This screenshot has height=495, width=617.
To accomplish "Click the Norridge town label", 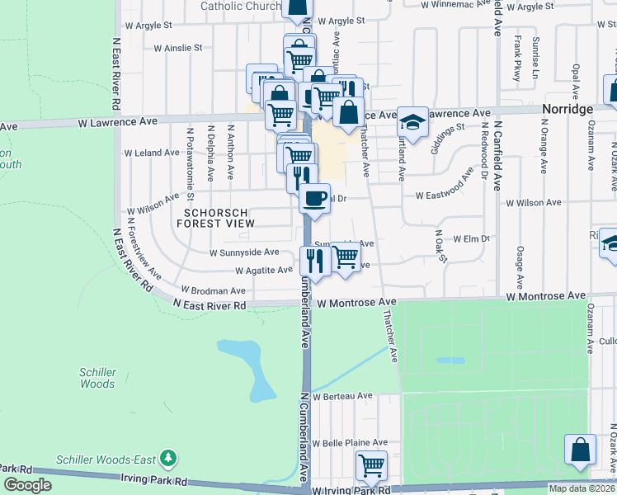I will click(568, 109).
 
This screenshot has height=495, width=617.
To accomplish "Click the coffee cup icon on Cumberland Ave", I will click(314, 199).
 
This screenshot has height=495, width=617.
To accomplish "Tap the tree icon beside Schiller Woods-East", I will click(168, 457).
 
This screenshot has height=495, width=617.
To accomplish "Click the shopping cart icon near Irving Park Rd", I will click(371, 465).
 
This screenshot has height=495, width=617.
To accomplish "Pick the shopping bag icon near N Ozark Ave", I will click(581, 450).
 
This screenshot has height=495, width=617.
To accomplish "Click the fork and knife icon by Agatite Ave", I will click(315, 260).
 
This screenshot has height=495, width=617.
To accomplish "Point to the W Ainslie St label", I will click(178, 48).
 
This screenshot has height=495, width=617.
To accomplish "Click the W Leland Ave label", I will click(152, 153).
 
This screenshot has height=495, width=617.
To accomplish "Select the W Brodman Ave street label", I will click(214, 290).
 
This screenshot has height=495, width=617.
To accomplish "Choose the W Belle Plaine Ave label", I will click(350, 442).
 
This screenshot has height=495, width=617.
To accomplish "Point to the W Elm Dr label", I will click(472, 238).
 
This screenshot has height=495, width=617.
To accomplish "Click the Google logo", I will click(27, 485).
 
